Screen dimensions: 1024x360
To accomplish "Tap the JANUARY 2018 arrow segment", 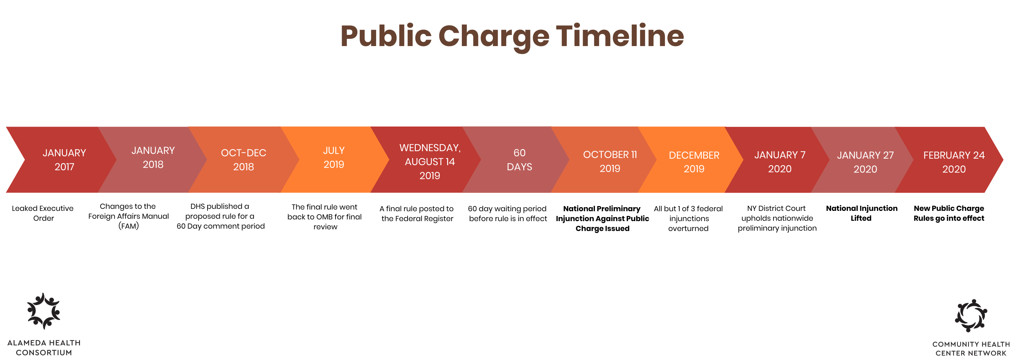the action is coord(153,160).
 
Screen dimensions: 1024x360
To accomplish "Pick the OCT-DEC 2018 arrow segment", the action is coord(244,160).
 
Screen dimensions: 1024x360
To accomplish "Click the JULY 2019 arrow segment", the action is coord(334,160).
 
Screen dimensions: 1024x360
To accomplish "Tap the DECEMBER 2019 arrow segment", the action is coord(694,160).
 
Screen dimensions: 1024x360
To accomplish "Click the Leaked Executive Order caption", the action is coord(43,213).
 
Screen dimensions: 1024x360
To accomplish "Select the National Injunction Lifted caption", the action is coord(862,213).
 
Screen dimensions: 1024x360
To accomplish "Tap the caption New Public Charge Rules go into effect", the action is coord(949,213).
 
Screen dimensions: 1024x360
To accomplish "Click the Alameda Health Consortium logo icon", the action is coord(44,311).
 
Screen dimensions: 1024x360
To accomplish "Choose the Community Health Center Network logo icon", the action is coord(971,316).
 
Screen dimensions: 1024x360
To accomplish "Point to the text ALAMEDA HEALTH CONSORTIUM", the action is coord(44,348).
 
